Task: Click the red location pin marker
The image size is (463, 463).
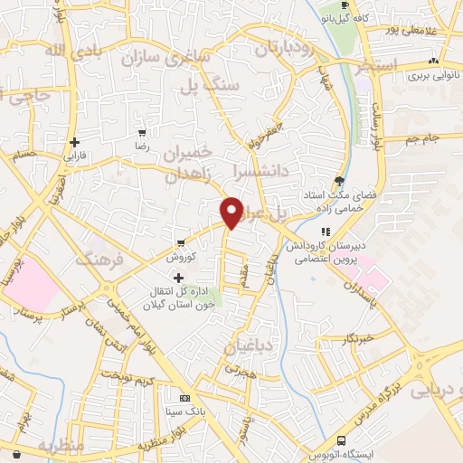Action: pos(231,212)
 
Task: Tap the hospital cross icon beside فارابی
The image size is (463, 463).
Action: pos(75,142)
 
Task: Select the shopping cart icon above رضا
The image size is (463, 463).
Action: pos(140,133)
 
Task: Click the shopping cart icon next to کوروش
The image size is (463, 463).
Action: pos(181,242)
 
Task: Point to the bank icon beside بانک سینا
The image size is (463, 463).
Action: pos(185,399)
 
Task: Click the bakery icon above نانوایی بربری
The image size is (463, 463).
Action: pos(435,61)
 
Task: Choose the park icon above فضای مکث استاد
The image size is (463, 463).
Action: pos(339,180)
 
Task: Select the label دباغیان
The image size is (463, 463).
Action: pos(241,345)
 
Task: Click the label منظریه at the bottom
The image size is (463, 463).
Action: pos(62,447)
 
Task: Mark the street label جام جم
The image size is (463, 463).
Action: pos(421,137)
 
